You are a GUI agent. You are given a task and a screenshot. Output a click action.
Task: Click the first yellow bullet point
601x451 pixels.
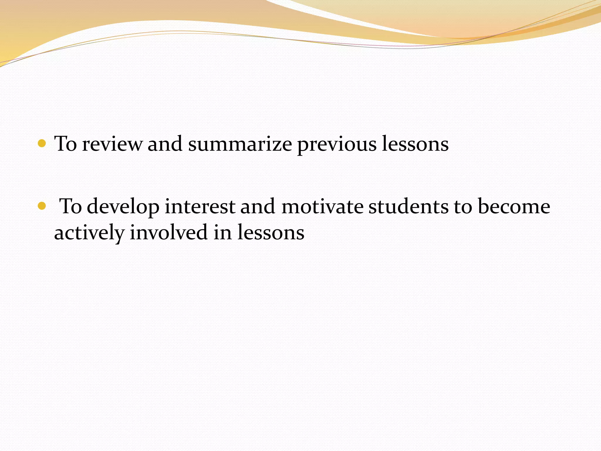pos(42,144)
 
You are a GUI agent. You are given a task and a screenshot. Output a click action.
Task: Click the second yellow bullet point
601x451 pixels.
pos(42,206)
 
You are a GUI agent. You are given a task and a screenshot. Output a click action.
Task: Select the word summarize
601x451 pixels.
pos(240,144)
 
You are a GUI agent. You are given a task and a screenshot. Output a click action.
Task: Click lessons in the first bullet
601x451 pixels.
pos(415,144)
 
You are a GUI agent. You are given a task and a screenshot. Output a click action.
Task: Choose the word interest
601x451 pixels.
pos(200,206)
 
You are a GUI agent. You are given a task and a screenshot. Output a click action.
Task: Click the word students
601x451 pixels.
pos(408,206)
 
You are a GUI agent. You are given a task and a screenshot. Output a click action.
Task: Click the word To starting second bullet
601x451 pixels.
pos(70,206)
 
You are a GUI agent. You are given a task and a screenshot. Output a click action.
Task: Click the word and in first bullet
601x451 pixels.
pos(165,144)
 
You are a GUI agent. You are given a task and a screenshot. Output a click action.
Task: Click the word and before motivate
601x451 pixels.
pos(258,206)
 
